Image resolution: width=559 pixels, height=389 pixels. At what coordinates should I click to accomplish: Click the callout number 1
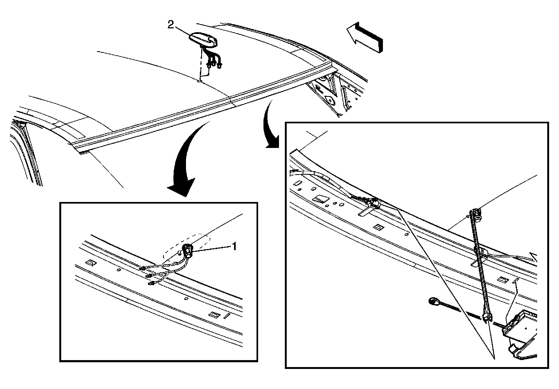(234, 246)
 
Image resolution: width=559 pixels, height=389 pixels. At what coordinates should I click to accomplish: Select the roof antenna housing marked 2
(203, 41)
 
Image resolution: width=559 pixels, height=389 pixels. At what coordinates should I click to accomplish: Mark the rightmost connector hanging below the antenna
(220, 65)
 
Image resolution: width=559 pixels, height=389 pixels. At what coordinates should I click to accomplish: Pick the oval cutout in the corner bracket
(331, 101)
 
